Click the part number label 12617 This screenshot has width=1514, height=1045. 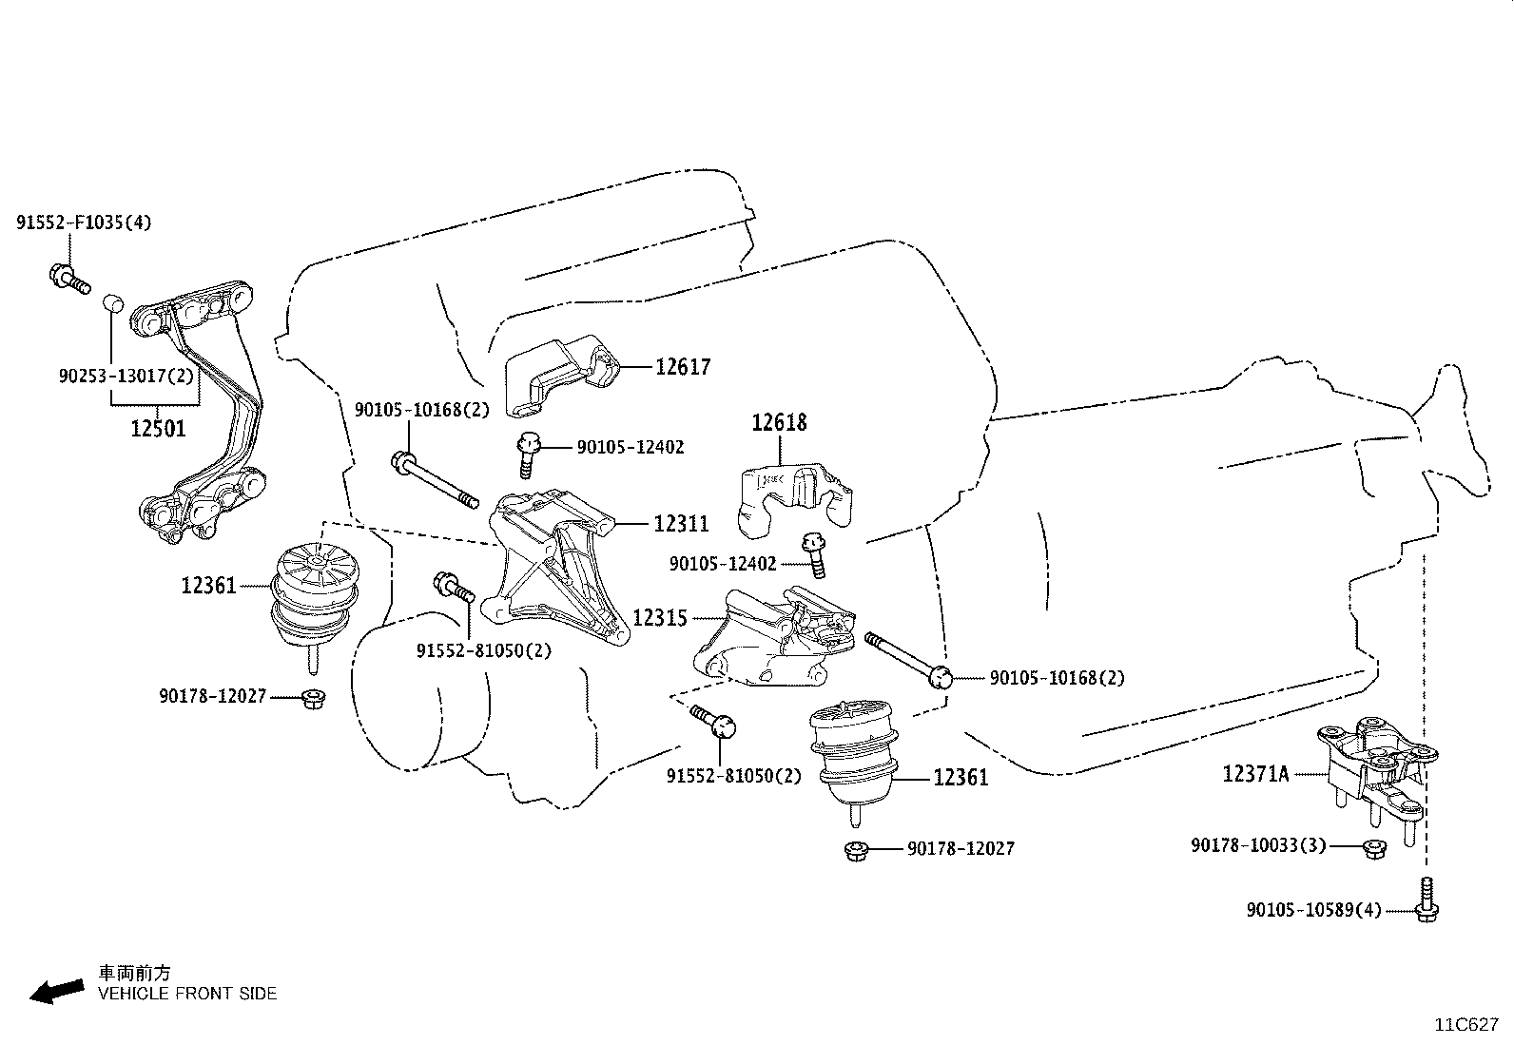pyautogui.click(x=683, y=367)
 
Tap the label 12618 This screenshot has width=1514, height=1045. pyautogui.click(x=779, y=422)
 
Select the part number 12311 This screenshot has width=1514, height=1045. pyautogui.click(x=681, y=523)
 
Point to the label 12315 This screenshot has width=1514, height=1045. pyautogui.click(x=660, y=618)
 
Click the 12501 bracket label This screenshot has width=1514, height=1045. pyautogui.click(x=158, y=429)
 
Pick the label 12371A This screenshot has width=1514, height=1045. pyautogui.click(x=1256, y=773)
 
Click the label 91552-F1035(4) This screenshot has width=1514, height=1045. pyautogui.click(x=84, y=223)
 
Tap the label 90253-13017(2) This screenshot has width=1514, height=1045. pyautogui.click(x=126, y=376)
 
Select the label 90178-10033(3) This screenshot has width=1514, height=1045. pyautogui.click(x=1258, y=845)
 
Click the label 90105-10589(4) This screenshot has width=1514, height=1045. pyautogui.click(x=1314, y=910)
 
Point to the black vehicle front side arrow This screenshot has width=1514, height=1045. pyautogui.click(x=57, y=991)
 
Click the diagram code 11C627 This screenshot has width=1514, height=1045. pyautogui.click(x=1466, y=1025)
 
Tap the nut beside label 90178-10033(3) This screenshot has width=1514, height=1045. pyautogui.click(x=1374, y=849)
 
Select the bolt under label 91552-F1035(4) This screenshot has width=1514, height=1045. pyautogui.click(x=69, y=280)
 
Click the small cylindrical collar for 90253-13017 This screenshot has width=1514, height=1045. pyautogui.click(x=113, y=302)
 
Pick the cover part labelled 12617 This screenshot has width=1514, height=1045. pyautogui.click(x=562, y=376)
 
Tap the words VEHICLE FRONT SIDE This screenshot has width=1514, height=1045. pyautogui.click(x=187, y=994)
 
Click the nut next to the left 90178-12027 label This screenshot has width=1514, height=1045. pyautogui.click(x=312, y=698)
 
